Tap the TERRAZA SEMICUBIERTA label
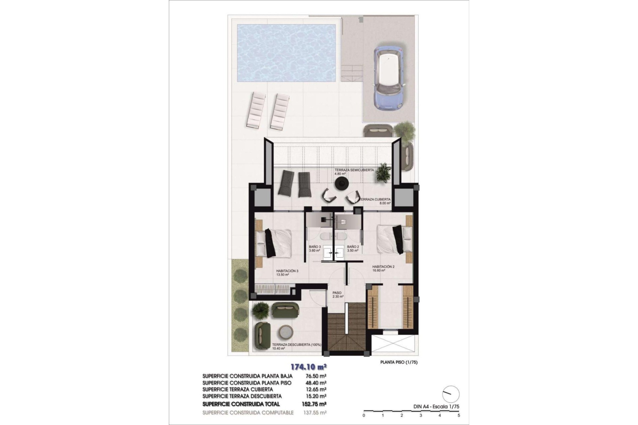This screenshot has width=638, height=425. click(x=354, y=170)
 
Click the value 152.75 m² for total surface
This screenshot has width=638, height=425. click(x=314, y=404)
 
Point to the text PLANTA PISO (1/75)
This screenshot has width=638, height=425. click(x=399, y=362)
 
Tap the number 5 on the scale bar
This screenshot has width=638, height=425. click(x=459, y=415)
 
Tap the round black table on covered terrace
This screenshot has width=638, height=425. click(x=341, y=183)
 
